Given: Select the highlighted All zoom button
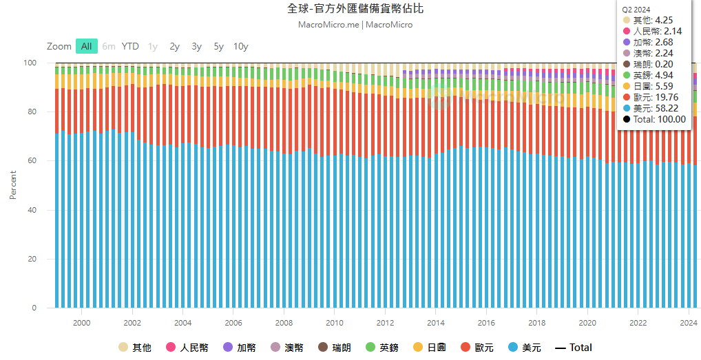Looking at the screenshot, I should [86, 46].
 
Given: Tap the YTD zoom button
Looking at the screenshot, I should [130, 46].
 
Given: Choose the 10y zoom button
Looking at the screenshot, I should [240, 46].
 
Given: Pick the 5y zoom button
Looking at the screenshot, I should [218, 46].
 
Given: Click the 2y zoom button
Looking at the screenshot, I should [174, 46].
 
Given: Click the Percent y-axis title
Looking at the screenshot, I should [12, 184].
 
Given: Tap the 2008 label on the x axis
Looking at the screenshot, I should [284, 323].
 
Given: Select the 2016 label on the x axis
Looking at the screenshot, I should [486, 323].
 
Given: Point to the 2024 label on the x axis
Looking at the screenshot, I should [689, 323].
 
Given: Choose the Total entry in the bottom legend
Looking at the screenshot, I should [574, 348].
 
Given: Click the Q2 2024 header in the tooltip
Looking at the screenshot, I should [637, 10].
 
